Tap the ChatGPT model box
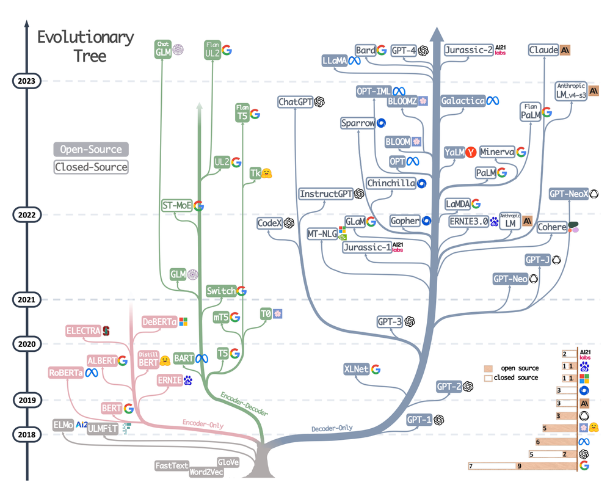click(296, 102)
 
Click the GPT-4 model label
click(404, 51)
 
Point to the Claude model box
click(543, 50)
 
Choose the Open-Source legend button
click(91, 150)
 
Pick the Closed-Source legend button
click(91, 167)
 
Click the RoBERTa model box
click(66, 373)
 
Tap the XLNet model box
click(356, 369)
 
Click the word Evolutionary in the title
click(85, 37)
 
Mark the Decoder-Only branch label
click(332, 428)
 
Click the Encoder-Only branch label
click(203, 423)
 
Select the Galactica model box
click(463, 100)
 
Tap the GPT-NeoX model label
click(568, 194)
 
